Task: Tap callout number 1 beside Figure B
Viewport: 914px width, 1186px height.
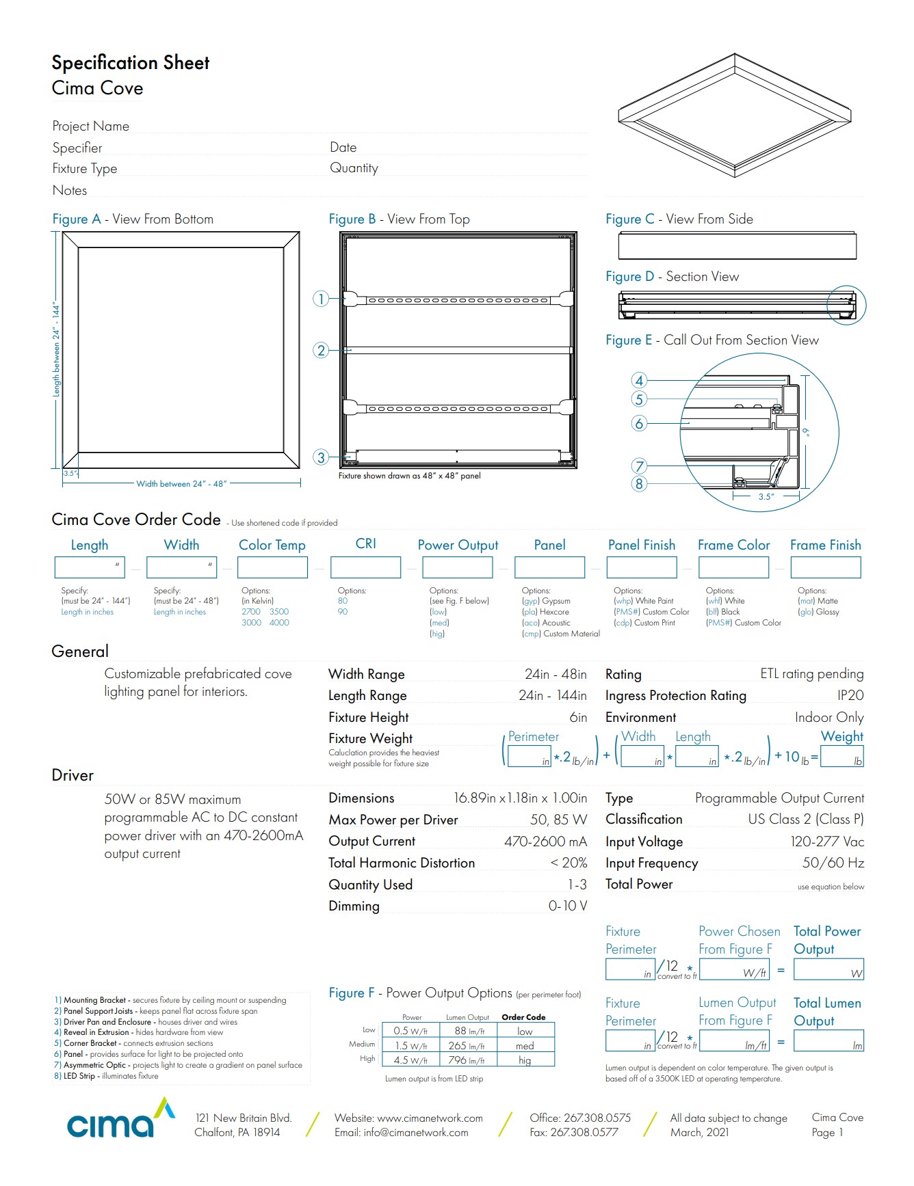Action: point(321,299)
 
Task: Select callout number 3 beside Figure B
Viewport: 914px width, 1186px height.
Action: point(321,457)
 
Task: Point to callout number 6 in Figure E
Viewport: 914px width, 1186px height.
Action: point(639,423)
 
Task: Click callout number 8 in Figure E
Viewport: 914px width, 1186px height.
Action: point(639,484)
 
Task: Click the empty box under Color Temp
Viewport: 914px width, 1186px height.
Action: point(273,567)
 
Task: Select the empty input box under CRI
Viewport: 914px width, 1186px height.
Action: point(365,567)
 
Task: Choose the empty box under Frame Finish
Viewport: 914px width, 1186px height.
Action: point(825,567)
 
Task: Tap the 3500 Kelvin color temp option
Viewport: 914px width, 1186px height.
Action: point(279,612)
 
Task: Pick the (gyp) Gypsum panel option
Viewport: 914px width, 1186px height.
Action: point(546,601)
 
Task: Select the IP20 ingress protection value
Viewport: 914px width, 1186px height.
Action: point(850,695)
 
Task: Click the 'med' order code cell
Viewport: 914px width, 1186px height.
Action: point(525,1046)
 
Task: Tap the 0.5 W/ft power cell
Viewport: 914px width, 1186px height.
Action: point(410,1031)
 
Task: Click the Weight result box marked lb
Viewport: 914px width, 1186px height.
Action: point(841,757)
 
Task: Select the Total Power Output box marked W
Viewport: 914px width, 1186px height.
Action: point(828,969)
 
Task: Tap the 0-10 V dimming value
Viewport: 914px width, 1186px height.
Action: point(568,906)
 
